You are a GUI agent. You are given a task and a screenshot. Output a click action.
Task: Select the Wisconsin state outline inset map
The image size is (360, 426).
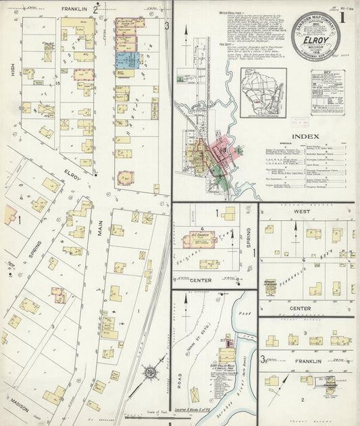pyautogui.click(x=263, y=92)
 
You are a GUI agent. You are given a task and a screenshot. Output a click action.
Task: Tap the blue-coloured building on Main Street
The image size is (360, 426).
pyautogui.click(x=127, y=59)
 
